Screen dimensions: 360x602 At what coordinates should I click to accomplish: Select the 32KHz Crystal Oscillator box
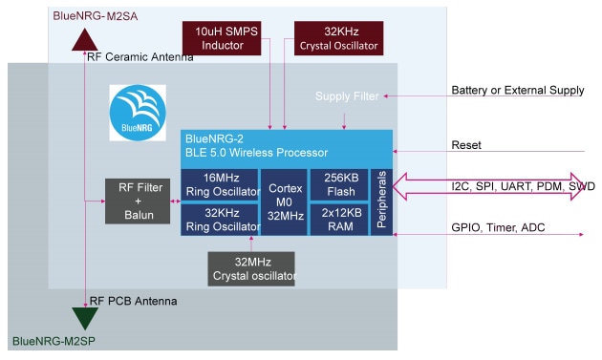coord(338,38)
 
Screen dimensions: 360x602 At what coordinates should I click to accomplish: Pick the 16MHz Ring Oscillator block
coord(220,184)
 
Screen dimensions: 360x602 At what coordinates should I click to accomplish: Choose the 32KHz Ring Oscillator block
coord(220,219)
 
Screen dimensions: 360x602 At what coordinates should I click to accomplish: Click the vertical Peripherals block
coord(381,201)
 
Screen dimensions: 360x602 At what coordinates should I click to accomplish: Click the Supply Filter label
coord(347,96)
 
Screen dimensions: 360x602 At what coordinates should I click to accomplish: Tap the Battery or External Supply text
coord(517,91)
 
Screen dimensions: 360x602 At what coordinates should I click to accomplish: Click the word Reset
coord(468,145)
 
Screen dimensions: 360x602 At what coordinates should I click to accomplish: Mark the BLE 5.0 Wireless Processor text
coord(257,152)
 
